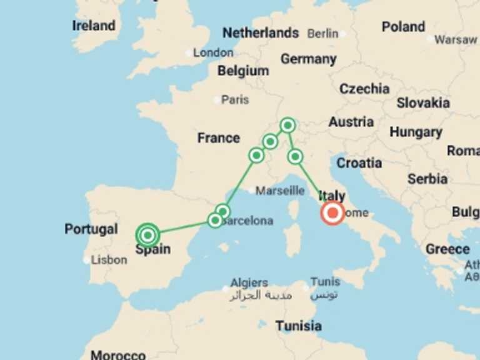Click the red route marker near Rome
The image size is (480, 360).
click(332, 213)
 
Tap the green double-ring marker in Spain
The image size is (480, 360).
click(147, 235)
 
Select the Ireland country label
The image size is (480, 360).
click(94, 26)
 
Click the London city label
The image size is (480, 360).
click(213, 52)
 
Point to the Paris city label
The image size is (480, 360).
click(235, 99)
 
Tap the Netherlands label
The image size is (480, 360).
click(261, 32)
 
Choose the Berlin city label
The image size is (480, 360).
click(322, 33)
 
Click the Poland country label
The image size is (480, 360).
click(403, 27)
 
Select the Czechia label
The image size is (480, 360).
click(364, 89)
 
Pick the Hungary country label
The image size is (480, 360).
click(416, 132)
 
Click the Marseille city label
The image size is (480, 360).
click(280, 191)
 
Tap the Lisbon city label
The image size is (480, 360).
click(109, 259)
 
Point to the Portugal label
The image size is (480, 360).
click(91, 229)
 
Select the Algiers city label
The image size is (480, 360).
click(249, 282)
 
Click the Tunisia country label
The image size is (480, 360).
click(299, 326)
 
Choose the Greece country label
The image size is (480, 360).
click(447, 249)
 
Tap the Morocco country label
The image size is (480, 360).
click(118, 354)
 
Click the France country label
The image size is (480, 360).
click(219, 138)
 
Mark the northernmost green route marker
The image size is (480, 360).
click(287, 125)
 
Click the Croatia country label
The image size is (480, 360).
click(359, 163)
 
